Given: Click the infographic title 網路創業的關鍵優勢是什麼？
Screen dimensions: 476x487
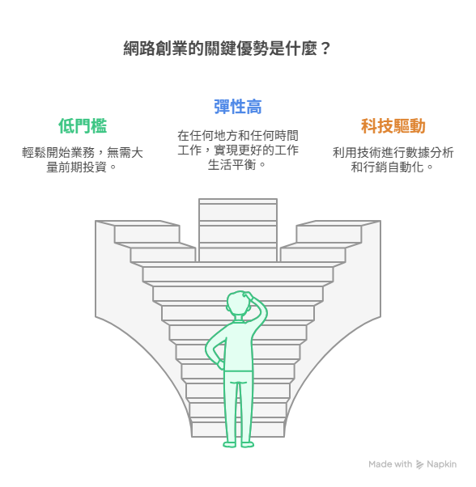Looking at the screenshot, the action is tap(227, 49).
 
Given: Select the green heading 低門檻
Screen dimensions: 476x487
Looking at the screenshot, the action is tap(83, 125).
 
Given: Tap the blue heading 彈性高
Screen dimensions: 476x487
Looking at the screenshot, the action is tap(238, 107).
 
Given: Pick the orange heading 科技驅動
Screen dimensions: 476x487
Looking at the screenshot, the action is tap(393, 125).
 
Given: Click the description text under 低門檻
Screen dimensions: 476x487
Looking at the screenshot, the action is tap(83, 160).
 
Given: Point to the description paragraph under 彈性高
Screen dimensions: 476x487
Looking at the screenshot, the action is tap(238, 150).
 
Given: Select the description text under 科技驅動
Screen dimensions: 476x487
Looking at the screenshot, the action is tap(393, 160).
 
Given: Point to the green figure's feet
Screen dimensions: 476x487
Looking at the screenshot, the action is tap(238, 444).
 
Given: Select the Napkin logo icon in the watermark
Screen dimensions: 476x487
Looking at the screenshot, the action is tap(420, 464).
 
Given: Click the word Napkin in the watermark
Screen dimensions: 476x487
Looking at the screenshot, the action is tap(441, 464).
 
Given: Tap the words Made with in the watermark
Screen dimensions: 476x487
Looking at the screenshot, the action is tap(390, 464).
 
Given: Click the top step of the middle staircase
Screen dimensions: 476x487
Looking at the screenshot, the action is tap(238, 201).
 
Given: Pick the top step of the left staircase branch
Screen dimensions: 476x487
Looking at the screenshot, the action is tap(138, 223).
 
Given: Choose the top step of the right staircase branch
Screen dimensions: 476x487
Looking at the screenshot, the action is tap(338, 223).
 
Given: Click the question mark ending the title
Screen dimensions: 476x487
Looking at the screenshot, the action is tap(325, 49).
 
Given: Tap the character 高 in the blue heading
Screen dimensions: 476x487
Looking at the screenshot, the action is tap(254, 107).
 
